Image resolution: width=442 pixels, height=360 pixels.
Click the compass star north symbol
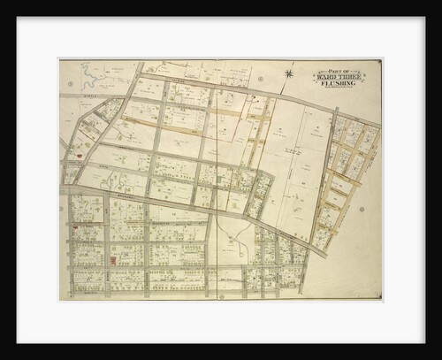click(x=291, y=73)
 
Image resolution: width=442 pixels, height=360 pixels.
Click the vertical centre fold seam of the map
click(x=217, y=177)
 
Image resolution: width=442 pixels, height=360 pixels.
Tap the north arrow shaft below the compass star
click(x=291, y=85)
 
